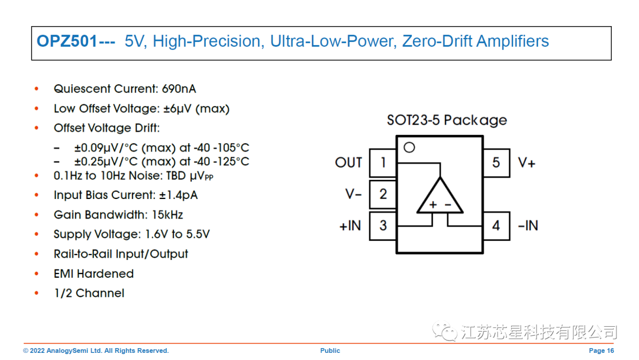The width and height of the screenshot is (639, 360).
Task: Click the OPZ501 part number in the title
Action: [x=67, y=41]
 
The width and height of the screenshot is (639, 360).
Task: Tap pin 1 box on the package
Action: [x=383, y=163]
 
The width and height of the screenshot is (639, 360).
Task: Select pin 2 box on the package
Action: [x=383, y=194]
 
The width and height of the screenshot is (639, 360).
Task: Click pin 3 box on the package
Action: [x=383, y=226]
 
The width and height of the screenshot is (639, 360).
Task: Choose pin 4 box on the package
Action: [x=496, y=226]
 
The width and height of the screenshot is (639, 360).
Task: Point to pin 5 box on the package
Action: [x=496, y=163]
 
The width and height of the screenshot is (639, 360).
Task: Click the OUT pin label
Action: [x=348, y=163]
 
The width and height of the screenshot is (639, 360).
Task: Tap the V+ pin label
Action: [x=527, y=163]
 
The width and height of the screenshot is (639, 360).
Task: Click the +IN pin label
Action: [x=350, y=226]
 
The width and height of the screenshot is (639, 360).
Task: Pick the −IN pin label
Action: [x=528, y=226]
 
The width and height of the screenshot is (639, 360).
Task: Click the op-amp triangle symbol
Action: [x=440, y=197]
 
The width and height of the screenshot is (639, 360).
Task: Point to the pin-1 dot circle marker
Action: [x=409, y=147]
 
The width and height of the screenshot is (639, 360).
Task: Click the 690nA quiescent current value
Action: [x=179, y=89]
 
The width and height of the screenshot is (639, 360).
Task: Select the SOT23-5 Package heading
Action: [x=447, y=120]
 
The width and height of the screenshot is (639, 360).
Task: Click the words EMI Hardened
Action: [x=93, y=274]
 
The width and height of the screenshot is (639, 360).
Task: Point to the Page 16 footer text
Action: [x=601, y=351]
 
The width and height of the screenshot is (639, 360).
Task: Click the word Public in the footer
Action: [x=330, y=351]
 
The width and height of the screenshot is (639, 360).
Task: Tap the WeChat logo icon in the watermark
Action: [x=444, y=332]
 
